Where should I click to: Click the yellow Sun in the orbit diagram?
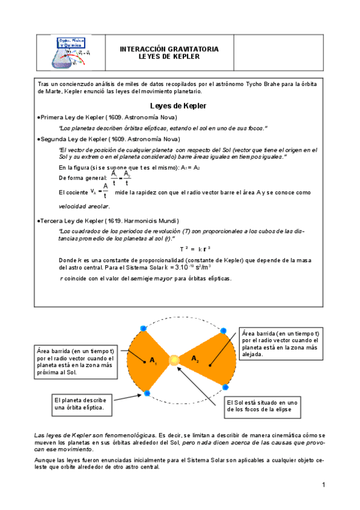point(174,360)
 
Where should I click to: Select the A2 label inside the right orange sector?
point(195,358)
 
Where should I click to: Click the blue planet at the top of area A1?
point(143,328)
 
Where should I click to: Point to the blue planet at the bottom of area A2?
point(225,386)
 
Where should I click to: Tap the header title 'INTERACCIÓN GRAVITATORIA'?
point(169,49)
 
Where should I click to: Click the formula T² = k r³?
point(195,249)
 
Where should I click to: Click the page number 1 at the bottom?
point(323,485)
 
